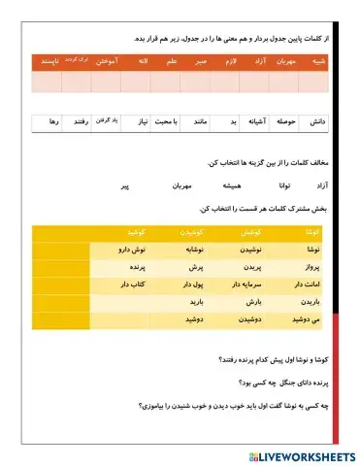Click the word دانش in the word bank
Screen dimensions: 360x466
[x=313, y=123]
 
